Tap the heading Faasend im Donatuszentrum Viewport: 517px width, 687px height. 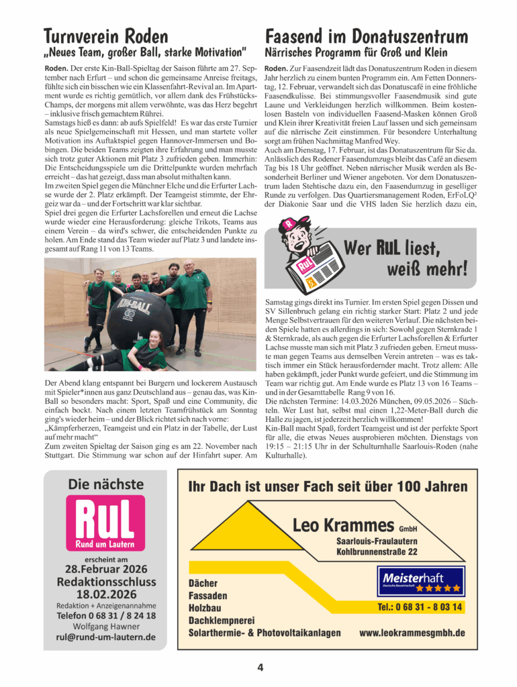tap(367, 35)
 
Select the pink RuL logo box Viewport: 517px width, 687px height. tap(105, 523)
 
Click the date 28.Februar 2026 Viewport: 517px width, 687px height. tap(106, 570)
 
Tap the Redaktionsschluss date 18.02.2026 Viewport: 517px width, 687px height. tap(106, 594)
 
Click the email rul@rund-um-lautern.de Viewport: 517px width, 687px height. tap(106, 637)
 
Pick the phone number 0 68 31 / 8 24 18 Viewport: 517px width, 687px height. tap(106, 615)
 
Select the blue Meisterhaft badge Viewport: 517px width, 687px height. tap(421, 581)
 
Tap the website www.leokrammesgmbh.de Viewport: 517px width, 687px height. tap(412, 633)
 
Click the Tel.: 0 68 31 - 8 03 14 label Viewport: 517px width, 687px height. tap(420, 607)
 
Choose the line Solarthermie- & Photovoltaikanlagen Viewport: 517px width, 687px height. tap(265, 633)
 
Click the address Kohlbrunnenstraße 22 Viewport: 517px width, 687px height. tap(377, 551)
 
